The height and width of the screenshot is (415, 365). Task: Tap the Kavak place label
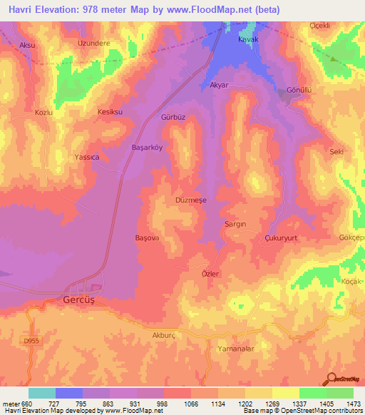click(247, 40)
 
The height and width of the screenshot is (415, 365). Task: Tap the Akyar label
click(219, 85)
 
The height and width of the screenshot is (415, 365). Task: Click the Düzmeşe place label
click(190, 200)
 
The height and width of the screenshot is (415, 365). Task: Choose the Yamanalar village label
click(234, 349)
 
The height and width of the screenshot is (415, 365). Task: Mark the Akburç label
click(163, 333)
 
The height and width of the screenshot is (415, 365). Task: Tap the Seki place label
click(336, 151)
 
